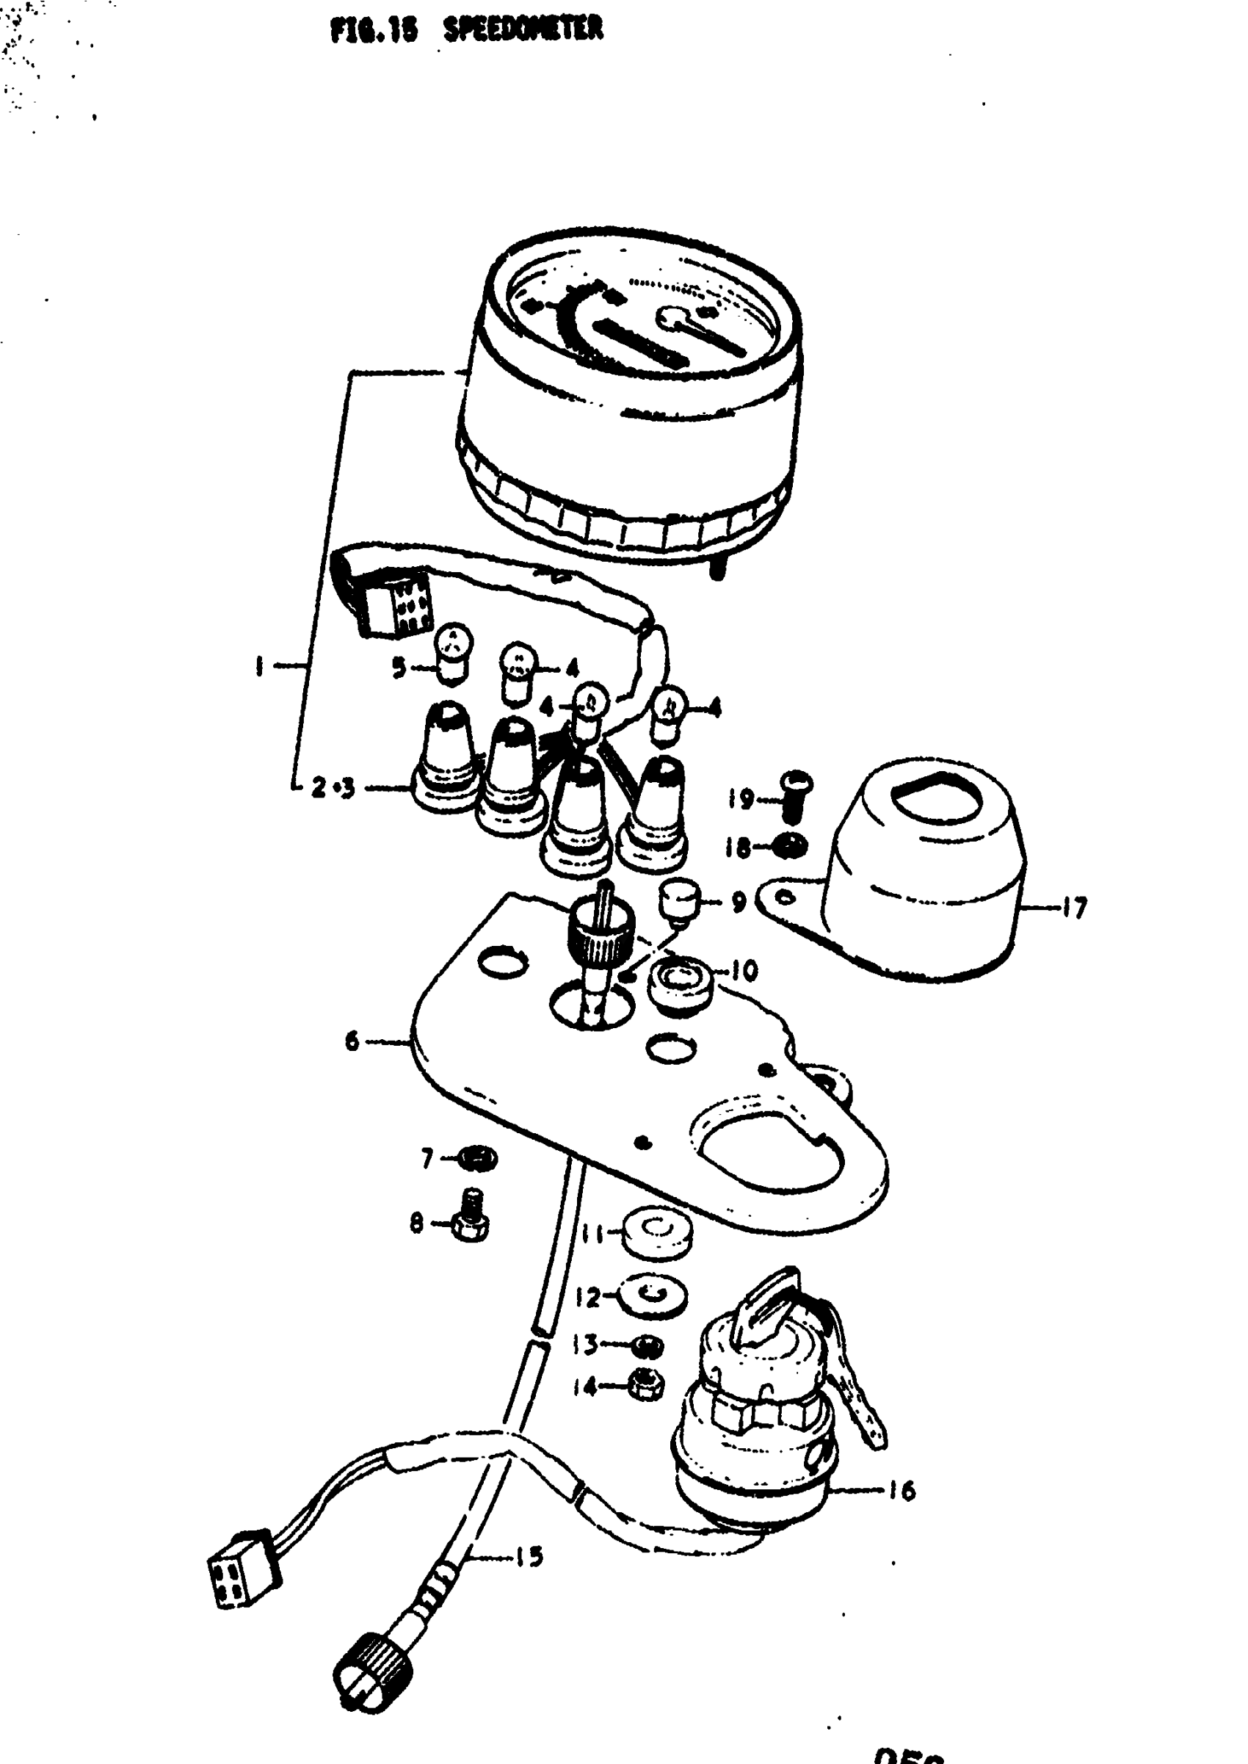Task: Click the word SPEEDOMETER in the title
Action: [524, 30]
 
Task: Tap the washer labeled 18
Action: [790, 847]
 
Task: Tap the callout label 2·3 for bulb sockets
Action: [333, 789]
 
